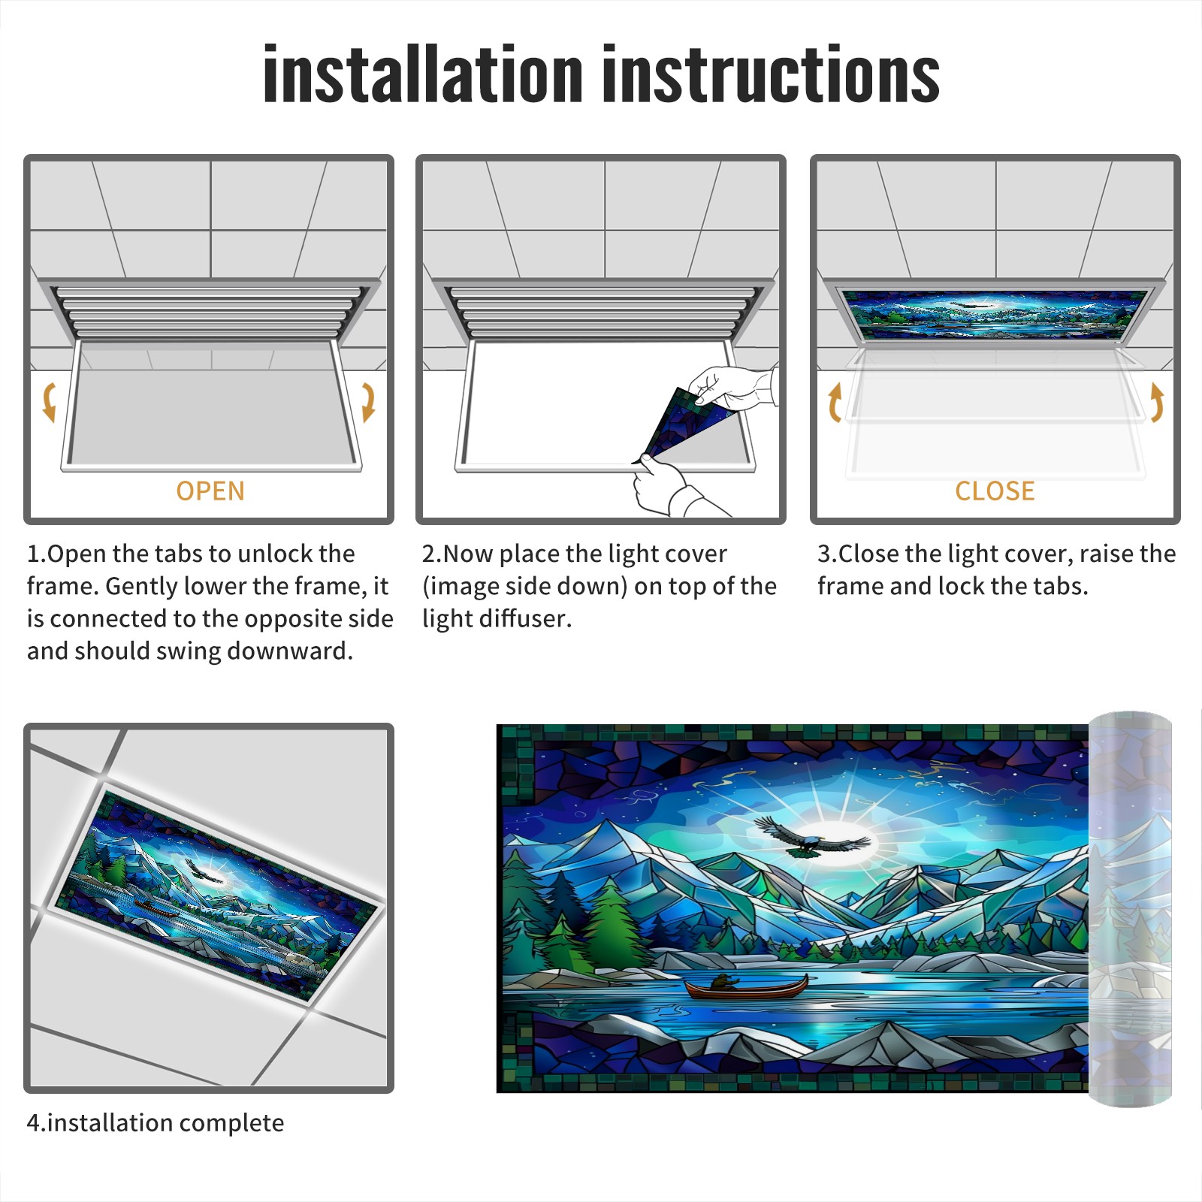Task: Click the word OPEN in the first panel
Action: (210, 491)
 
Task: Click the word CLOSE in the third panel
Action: (995, 491)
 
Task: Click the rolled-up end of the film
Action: (1130, 909)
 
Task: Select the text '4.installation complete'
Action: (156, 1123)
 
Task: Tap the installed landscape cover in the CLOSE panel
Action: (995, 313)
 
